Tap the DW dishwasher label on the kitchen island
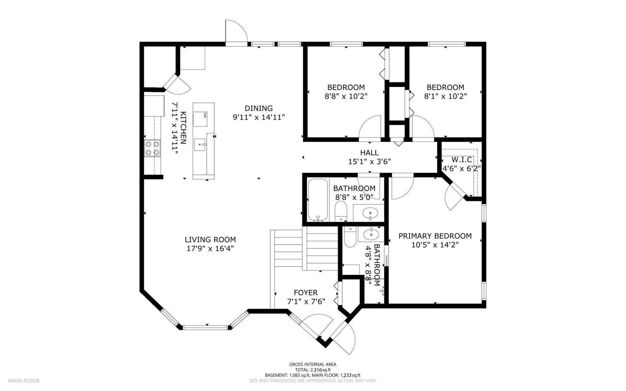205,115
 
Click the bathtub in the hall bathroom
318,200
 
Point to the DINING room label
259,108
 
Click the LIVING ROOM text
210,240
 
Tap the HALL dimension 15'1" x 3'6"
369,161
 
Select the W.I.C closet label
462,160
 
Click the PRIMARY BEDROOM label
435,236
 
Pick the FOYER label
306,293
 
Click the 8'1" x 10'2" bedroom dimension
445,96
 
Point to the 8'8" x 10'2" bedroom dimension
346,96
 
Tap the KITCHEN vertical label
184,128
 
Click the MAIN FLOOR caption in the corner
24,381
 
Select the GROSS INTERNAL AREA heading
313,364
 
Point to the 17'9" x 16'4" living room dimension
210,248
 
